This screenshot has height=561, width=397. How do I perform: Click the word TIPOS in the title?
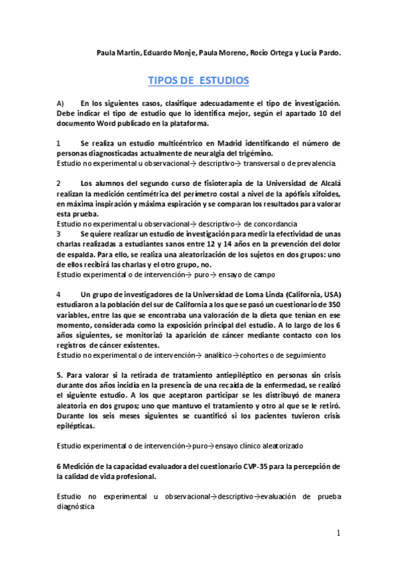[162, 81]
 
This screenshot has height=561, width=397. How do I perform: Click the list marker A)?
[60, 104]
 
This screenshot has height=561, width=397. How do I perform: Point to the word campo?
[263, 274]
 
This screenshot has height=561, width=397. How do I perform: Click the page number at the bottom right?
[338, 533]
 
